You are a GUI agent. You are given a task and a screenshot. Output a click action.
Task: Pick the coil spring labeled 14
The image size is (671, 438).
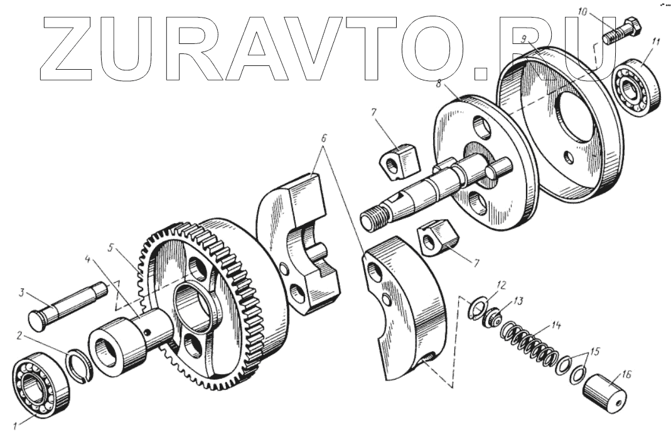[531, 346]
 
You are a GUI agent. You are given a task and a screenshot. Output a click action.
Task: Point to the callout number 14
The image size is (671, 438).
[554, 327]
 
